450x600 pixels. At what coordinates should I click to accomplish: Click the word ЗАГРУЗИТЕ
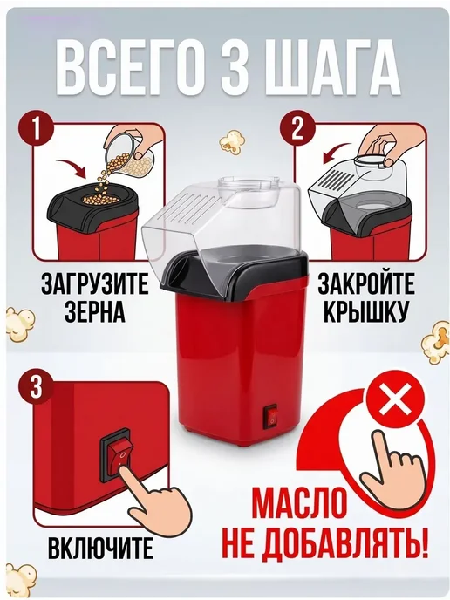95,283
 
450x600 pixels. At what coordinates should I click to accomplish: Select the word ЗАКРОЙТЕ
365,283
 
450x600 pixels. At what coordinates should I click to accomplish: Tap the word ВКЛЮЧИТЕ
100,548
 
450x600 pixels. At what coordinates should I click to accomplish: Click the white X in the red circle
394,403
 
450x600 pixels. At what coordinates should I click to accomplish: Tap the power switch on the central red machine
271,417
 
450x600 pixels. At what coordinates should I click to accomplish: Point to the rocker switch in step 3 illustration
119,456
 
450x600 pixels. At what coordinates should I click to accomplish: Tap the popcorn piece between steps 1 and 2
232,141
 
